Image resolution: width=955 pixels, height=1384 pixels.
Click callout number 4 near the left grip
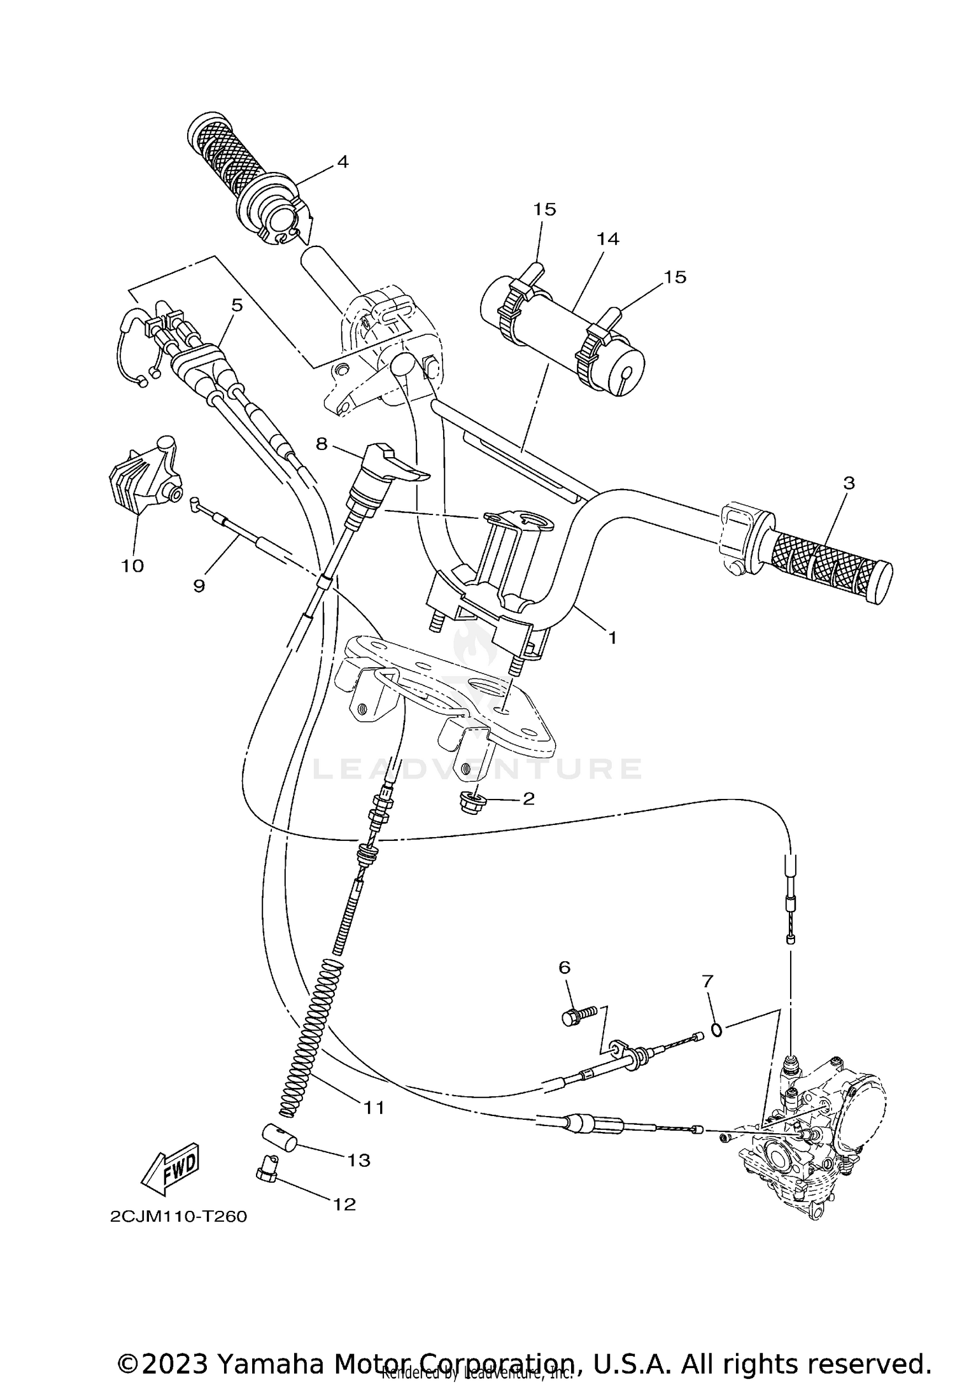[x=343, y=162]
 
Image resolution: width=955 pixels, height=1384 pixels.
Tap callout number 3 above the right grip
[x=849, y=483]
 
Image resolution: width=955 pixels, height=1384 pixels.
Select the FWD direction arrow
[x=170, y=1171]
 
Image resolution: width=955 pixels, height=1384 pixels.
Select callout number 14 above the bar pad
[x=608, y=239]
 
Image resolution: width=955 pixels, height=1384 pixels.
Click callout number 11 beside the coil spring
[x=374, y=1108]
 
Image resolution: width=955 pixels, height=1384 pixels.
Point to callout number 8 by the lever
[x=321, y=444]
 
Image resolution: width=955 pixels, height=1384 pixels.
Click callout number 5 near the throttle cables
[x=237, y=306]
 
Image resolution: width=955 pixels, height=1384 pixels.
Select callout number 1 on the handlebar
[x=612, y=637]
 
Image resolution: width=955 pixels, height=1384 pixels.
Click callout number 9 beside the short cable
[x=199, y=586]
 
